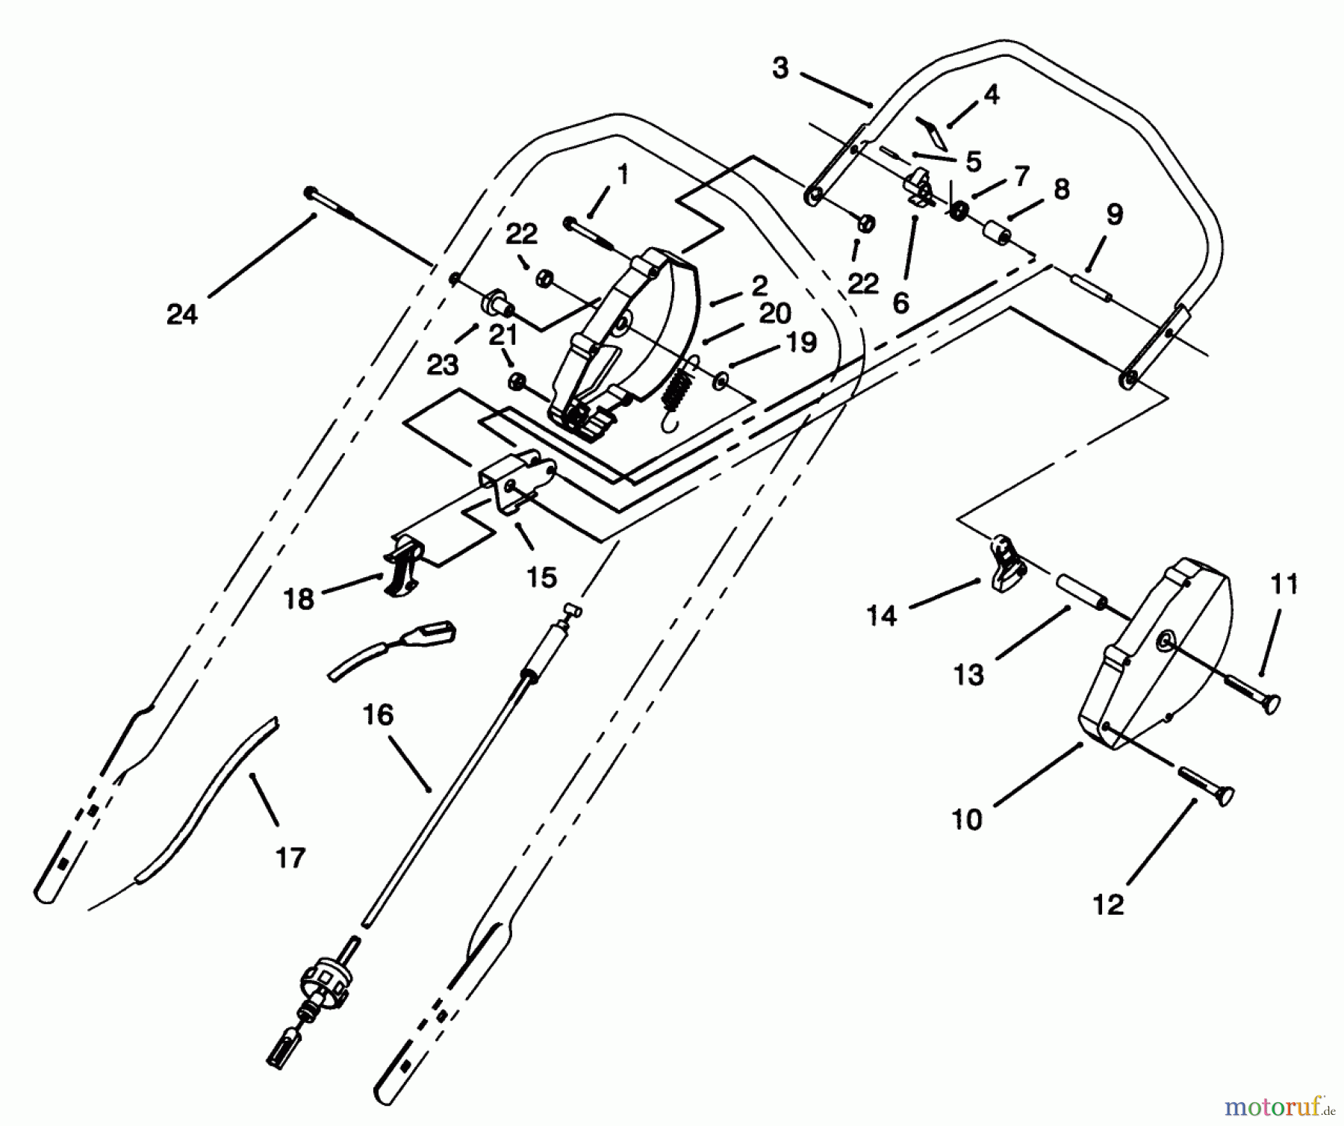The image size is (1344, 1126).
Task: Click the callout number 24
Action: click(x=181, y=314)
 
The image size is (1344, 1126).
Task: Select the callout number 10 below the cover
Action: click(x=967, y=819)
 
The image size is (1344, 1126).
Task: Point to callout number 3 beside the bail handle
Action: click(x=780, y=69)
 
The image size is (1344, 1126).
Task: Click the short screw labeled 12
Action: click(x=1206, y=786)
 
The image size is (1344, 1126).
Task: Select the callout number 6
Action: click(x=900, y=303)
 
